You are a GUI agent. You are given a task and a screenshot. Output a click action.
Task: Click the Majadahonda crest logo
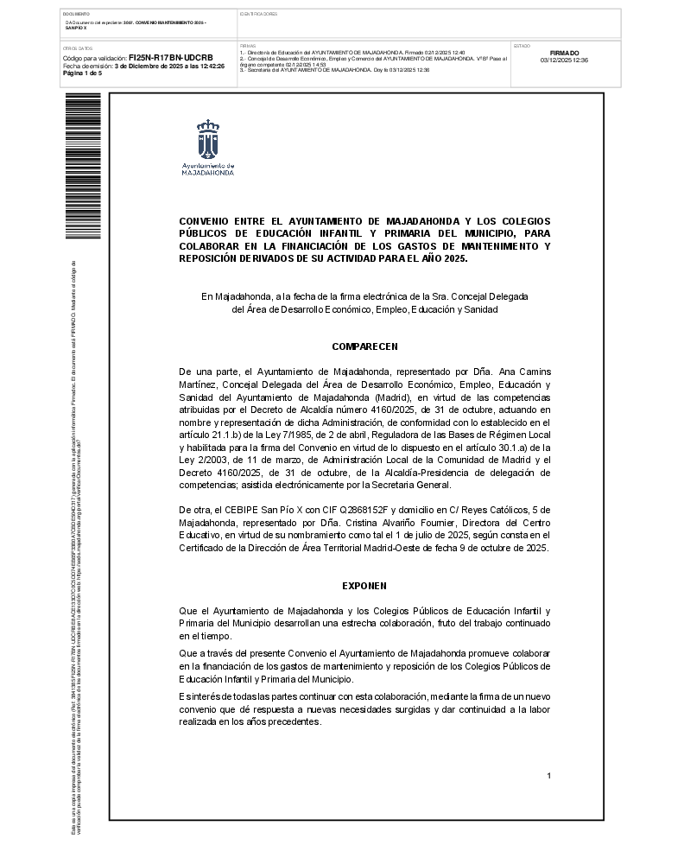coord(208,139)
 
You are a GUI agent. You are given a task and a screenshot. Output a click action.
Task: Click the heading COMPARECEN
coord(364,346)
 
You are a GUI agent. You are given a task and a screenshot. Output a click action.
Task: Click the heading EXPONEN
coord(364,586)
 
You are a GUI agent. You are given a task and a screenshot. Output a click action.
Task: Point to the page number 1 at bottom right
coord(548,776)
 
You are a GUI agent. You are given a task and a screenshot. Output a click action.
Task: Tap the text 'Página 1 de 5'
coord(82,73)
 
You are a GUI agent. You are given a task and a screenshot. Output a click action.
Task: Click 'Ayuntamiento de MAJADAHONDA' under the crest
coord(208,168)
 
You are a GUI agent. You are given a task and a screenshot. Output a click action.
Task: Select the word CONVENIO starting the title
coord(203,221)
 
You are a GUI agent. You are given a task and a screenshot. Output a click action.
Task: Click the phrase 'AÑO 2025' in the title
coord(444,258)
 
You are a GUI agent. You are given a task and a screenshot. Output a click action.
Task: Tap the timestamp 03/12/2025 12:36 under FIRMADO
coord(564,60)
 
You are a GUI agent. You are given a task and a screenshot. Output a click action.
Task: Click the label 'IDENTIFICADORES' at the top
coord(258,15)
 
